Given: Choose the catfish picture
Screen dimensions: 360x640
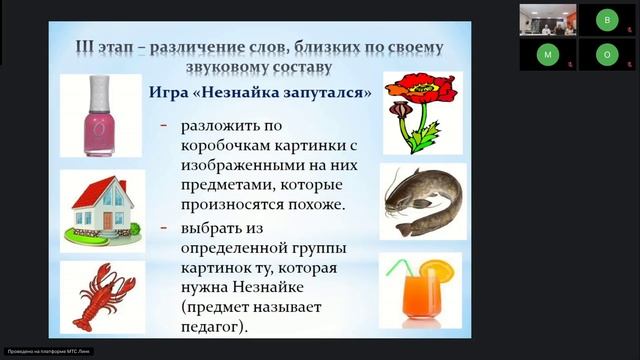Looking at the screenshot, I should pyautogui.click(x=422, y=202).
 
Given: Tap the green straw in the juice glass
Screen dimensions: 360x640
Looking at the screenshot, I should pyautogui.click(x=400, y=270).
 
